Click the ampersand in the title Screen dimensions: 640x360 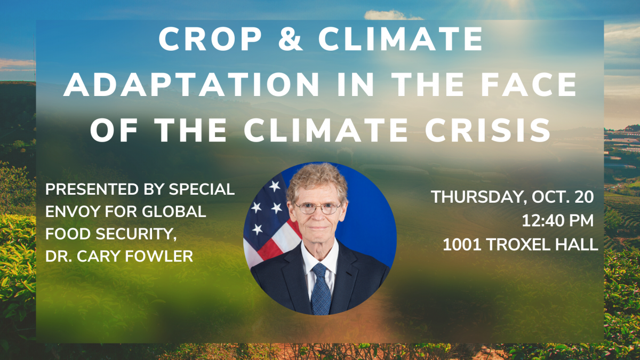pos(290,39)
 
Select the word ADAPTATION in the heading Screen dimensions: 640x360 pos(191,84)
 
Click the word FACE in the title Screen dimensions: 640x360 pos(529,84)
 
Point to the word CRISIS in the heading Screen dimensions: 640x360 pos(487,130)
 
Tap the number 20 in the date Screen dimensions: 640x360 pos(584,197)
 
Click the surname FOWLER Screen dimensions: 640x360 pos(159,256)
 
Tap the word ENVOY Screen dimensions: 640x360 pos(73,211)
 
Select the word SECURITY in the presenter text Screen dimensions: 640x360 pos(135,234)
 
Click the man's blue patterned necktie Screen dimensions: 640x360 pos(321,289)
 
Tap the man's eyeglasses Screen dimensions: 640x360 pos(318,208)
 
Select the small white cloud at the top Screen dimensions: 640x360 pos(393,15)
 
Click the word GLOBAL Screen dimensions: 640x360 pos(174,211)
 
